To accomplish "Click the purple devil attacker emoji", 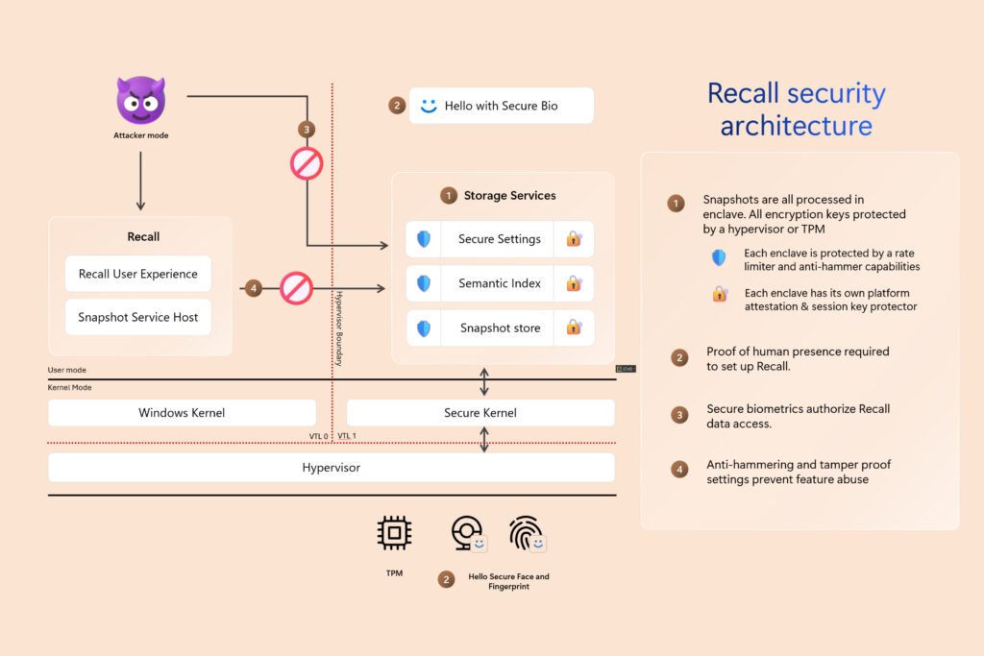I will [x=140, y=100].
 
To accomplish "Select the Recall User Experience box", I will [x=138, y=274].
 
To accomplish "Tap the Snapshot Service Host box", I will [x=138, y=317].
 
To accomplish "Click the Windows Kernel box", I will [x=182, y=413].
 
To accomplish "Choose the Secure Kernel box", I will [x=480, y=413].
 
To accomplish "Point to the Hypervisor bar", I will [x=332, y=468].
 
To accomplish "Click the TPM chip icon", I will [x=394, y=533].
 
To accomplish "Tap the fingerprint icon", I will [x=525, y=533].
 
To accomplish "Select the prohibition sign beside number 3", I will [x=307, y=163].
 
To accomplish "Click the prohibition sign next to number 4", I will [x=296, y=287].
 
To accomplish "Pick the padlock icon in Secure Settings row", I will [x=574, y=239].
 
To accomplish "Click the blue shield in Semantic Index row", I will [x=424, y=283].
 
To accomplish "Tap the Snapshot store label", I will [x=500, y=328].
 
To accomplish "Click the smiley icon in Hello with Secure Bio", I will [x=429, y=106].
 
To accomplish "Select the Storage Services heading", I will [x=509, y=195].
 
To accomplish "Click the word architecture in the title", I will [x=796, y=126].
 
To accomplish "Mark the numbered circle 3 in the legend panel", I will [x=679, y=415].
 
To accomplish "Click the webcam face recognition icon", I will [x=466, y=532].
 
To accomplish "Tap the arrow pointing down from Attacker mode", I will [x=140, y=181].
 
